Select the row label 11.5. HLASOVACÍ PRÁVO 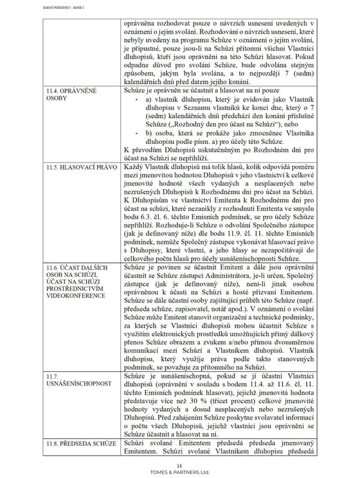pyautogui.click(x=81, y=167)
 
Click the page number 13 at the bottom pyautogui.click(x=180, y=464)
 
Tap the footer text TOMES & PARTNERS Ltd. pyautogui.click(x=180, y=472)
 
